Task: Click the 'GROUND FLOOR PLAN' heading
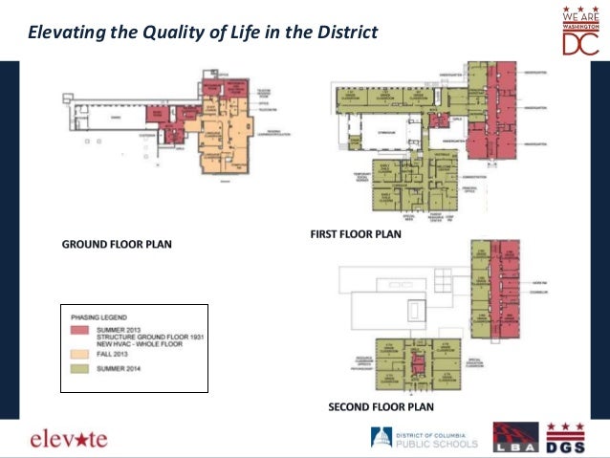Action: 117,245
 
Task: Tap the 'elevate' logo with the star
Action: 68,439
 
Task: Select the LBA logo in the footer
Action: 516,438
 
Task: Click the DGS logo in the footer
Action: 566,438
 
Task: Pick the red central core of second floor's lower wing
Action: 417,362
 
